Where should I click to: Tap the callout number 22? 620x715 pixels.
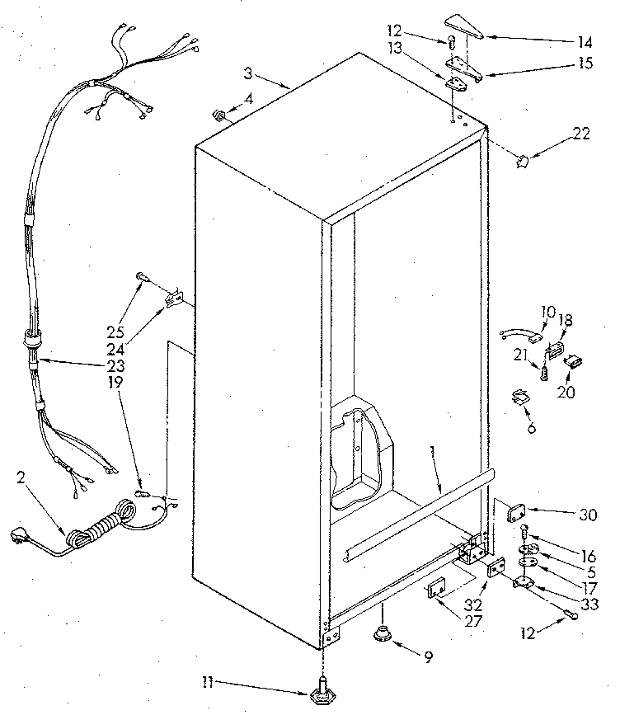(581, 134)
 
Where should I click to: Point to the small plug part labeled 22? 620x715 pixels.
(521, 161)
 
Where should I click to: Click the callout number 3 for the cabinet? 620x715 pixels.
(247, 74)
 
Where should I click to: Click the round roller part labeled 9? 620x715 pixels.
(381, 634)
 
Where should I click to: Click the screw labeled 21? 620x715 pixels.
(545, 372)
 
